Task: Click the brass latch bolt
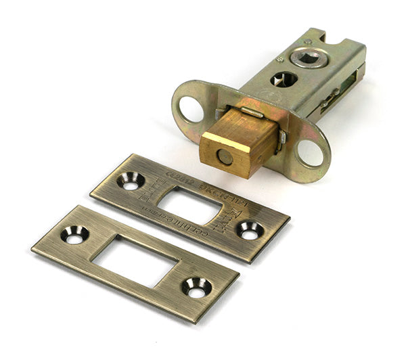(x=237, y=139)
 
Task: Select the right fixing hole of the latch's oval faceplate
(x=311, y=152)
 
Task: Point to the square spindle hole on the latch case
(x=309, y=58)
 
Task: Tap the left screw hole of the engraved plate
(x=130, y=181)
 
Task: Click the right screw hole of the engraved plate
(x=250, y=231)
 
